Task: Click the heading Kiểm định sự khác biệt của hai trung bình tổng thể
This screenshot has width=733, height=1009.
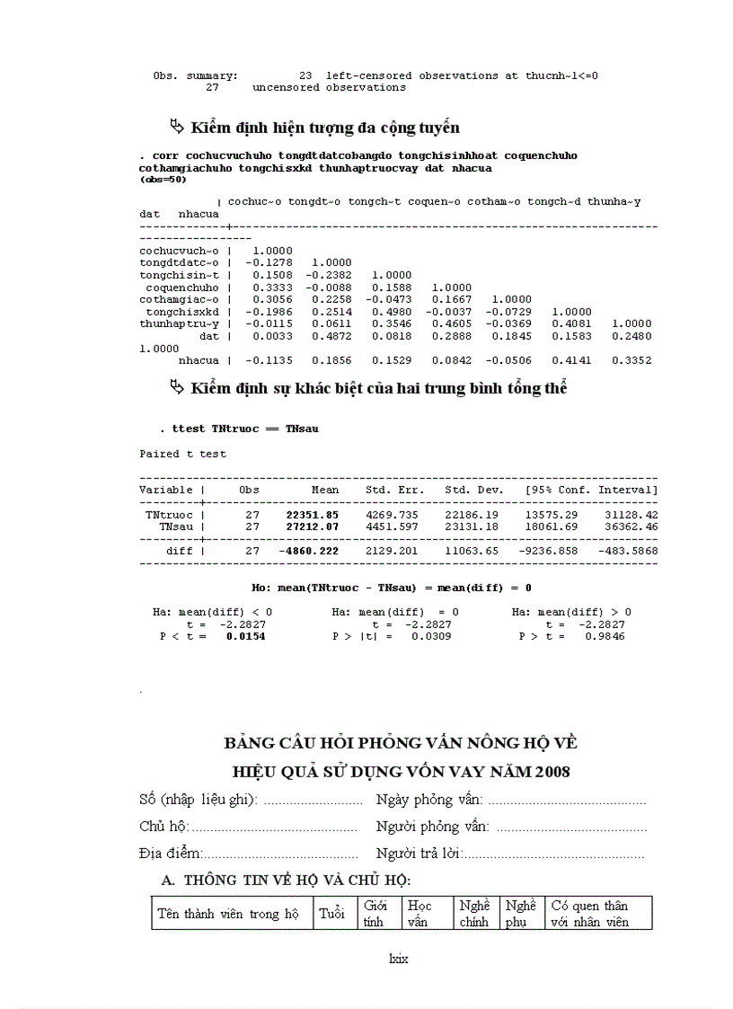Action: (377, 388)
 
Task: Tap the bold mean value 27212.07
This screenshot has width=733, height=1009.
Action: (313, 526)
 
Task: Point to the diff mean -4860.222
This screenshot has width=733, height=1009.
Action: (309, 550)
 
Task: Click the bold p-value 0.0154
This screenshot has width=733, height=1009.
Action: (245, 636)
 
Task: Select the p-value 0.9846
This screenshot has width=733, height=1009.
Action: (606, 636)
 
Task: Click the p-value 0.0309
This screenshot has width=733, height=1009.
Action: (431, 636)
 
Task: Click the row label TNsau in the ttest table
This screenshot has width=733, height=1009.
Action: (176, 526)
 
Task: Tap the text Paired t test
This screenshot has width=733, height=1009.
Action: (183, 454)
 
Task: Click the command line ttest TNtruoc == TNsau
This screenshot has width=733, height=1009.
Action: (244, 429)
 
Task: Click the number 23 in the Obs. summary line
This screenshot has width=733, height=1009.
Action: (305, 75)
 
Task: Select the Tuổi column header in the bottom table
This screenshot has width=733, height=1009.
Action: (331, 914)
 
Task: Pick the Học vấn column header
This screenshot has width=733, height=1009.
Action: (419, 914)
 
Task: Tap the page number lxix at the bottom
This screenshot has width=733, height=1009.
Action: (398, 959)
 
